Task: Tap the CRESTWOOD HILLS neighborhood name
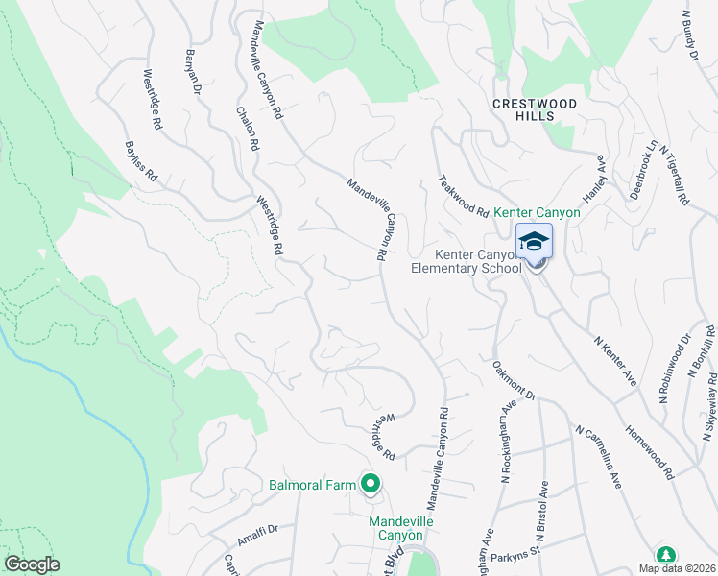536,109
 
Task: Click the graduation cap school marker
535,241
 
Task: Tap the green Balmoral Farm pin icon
369,485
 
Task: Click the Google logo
32,564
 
